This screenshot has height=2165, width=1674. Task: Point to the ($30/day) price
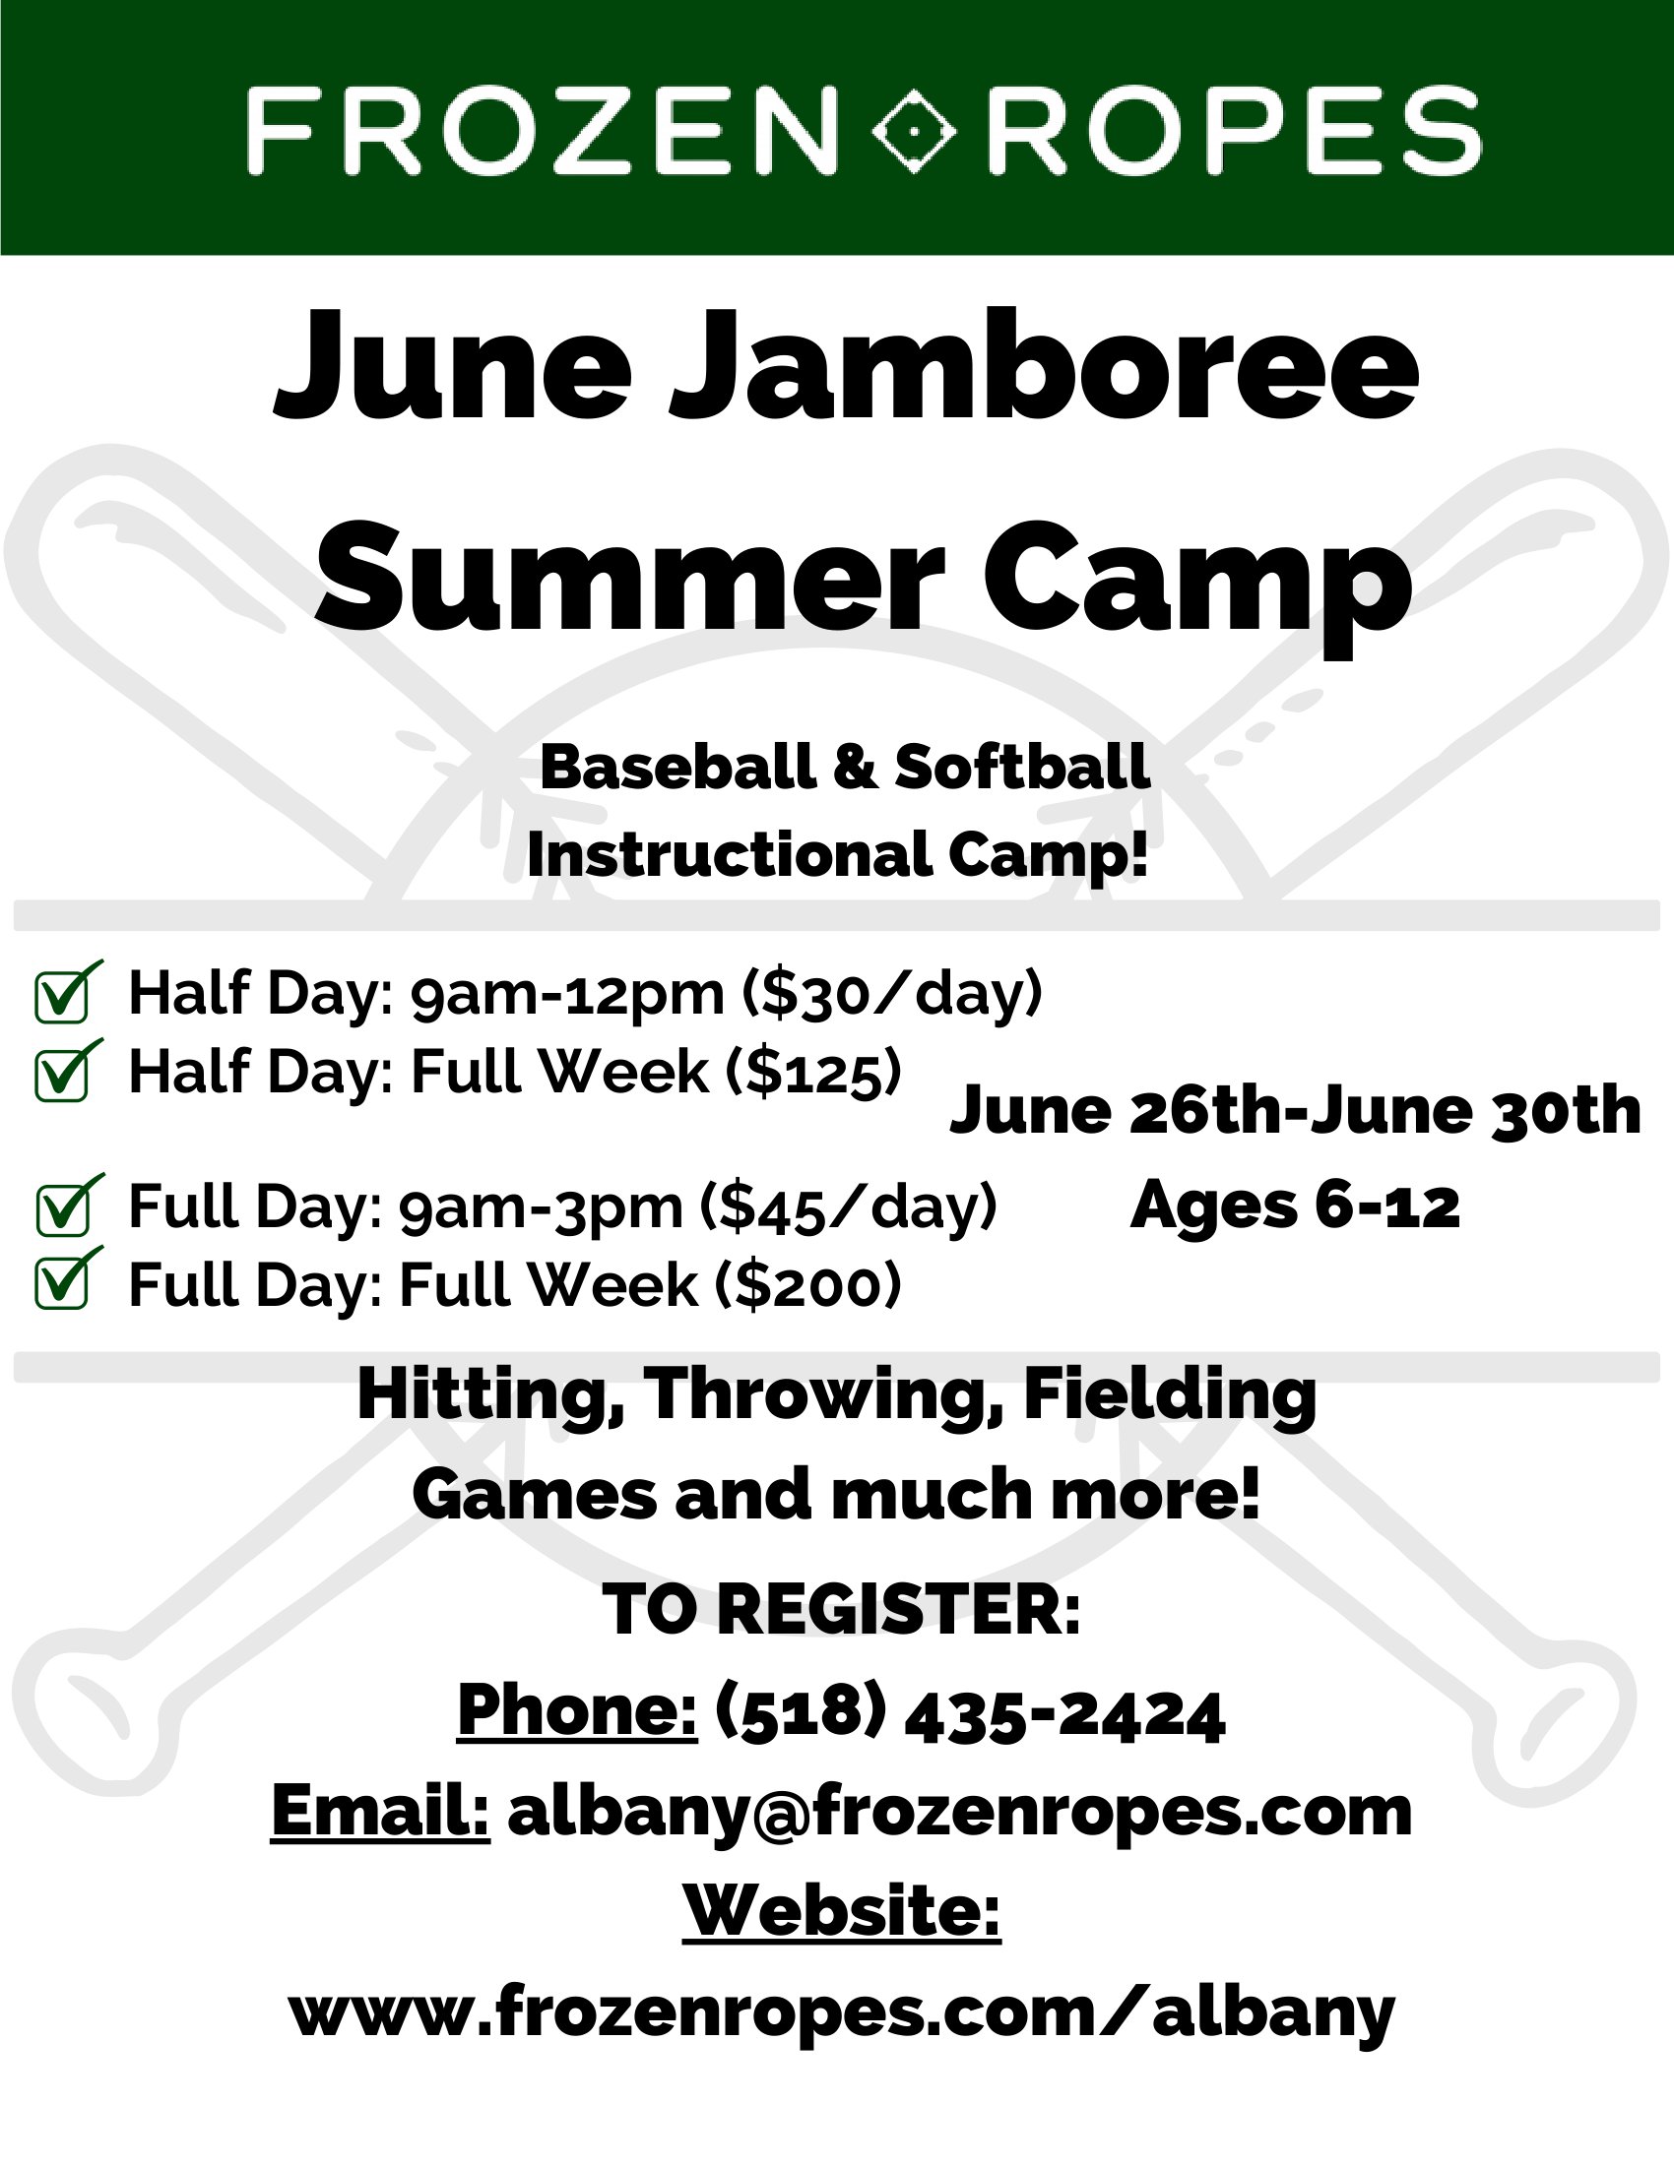click(892, 993)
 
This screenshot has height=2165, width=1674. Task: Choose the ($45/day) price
click(848, 1207)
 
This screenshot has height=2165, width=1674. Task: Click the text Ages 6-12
click(1295, 1206)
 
